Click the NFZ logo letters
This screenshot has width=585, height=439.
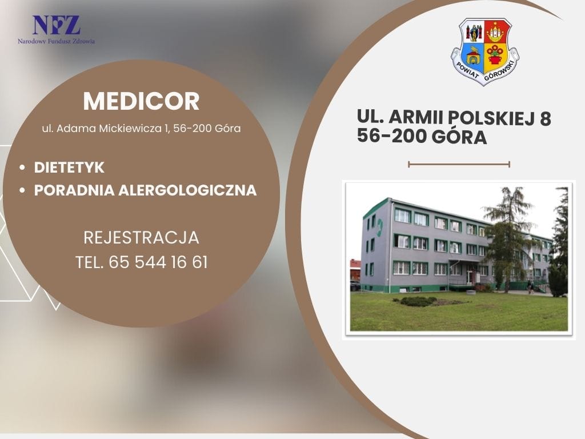[57, 25]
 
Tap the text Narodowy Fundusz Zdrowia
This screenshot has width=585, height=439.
[57, 41]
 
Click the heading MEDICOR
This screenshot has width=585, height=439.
[142, 101]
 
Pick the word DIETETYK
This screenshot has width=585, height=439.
[69, 167]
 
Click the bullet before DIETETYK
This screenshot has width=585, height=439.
[23, 167]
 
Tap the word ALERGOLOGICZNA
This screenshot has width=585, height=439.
[187, 190]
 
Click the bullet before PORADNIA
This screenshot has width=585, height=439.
[23, 190]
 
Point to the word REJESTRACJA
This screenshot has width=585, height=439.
[142, 238]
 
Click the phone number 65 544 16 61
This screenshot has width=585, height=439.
[158, 262]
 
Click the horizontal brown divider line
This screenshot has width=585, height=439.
[459, 164]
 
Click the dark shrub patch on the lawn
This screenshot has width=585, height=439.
[419, 301]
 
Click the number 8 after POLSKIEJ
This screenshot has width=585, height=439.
[545, 118]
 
